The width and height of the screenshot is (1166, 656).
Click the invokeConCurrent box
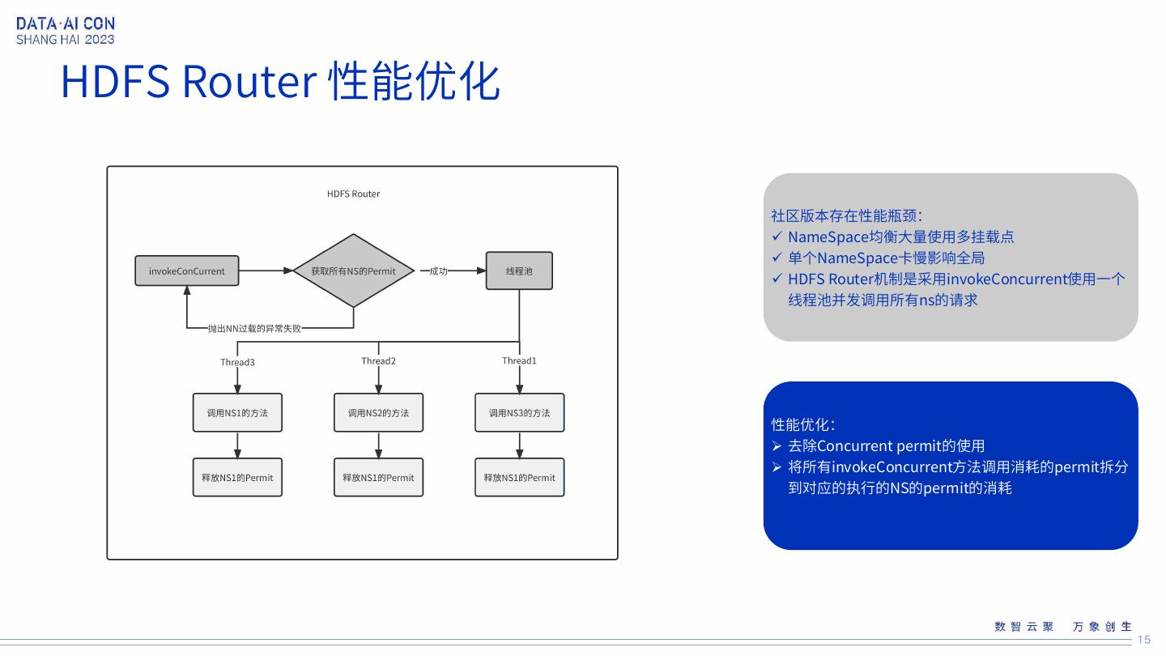(187, 270)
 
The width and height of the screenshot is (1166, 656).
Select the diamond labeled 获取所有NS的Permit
(353, 270)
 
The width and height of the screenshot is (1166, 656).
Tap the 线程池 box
(519, 270)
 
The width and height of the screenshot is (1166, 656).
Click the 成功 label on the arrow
(438, 271)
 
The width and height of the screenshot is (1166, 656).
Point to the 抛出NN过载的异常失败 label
(254, 329)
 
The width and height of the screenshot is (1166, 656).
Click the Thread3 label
(237, 362)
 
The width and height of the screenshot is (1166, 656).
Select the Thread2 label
(378, 360)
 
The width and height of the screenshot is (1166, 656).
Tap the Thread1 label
(519, 360)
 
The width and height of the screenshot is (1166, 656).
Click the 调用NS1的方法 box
(237, 413)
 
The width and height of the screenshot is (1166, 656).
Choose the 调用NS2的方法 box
(378, 413)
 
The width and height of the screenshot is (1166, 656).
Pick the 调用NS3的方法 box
(519, 413)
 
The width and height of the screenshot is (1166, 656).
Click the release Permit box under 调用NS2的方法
(378, 478)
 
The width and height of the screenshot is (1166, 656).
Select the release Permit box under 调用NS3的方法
(519, 478)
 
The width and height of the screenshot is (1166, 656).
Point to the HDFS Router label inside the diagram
(353, 194)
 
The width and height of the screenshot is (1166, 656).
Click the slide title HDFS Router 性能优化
(280, 81)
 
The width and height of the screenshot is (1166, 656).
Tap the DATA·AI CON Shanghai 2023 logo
(66, 32)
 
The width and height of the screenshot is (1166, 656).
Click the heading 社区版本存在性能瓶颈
(846, 215)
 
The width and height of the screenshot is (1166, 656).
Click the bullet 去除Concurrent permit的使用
(886, 445)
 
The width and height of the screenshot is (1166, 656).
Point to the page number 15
(1143, 640)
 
